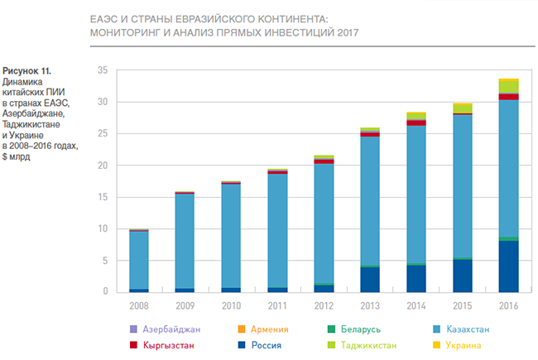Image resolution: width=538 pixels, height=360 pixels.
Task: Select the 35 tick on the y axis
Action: [103, 70]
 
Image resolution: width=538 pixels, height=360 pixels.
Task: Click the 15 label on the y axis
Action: [103, 197]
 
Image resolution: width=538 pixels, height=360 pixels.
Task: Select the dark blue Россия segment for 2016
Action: [508, 266]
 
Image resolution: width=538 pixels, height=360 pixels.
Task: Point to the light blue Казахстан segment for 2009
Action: [185, 241]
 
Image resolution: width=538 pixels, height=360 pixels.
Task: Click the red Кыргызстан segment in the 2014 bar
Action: [416, 122]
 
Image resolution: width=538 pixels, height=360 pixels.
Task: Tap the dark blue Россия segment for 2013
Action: [370, 279]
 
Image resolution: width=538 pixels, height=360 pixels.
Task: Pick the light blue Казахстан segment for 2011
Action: [277, 231]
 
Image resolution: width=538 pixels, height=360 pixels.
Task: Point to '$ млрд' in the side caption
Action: [19, 155]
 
